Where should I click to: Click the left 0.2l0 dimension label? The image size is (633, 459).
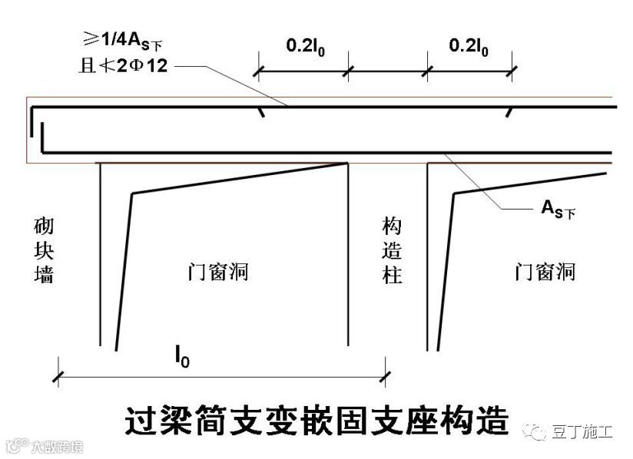(x=304, y=46)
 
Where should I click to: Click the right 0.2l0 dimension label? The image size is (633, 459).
(x=469, y=46)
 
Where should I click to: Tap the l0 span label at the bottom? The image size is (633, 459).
(x=181, y=358)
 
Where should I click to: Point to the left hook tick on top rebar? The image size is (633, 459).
(x=262, y=112)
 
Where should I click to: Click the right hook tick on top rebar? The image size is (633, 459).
(x=508, y=112)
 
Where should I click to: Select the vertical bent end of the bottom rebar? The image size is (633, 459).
(x=45, y=138)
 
